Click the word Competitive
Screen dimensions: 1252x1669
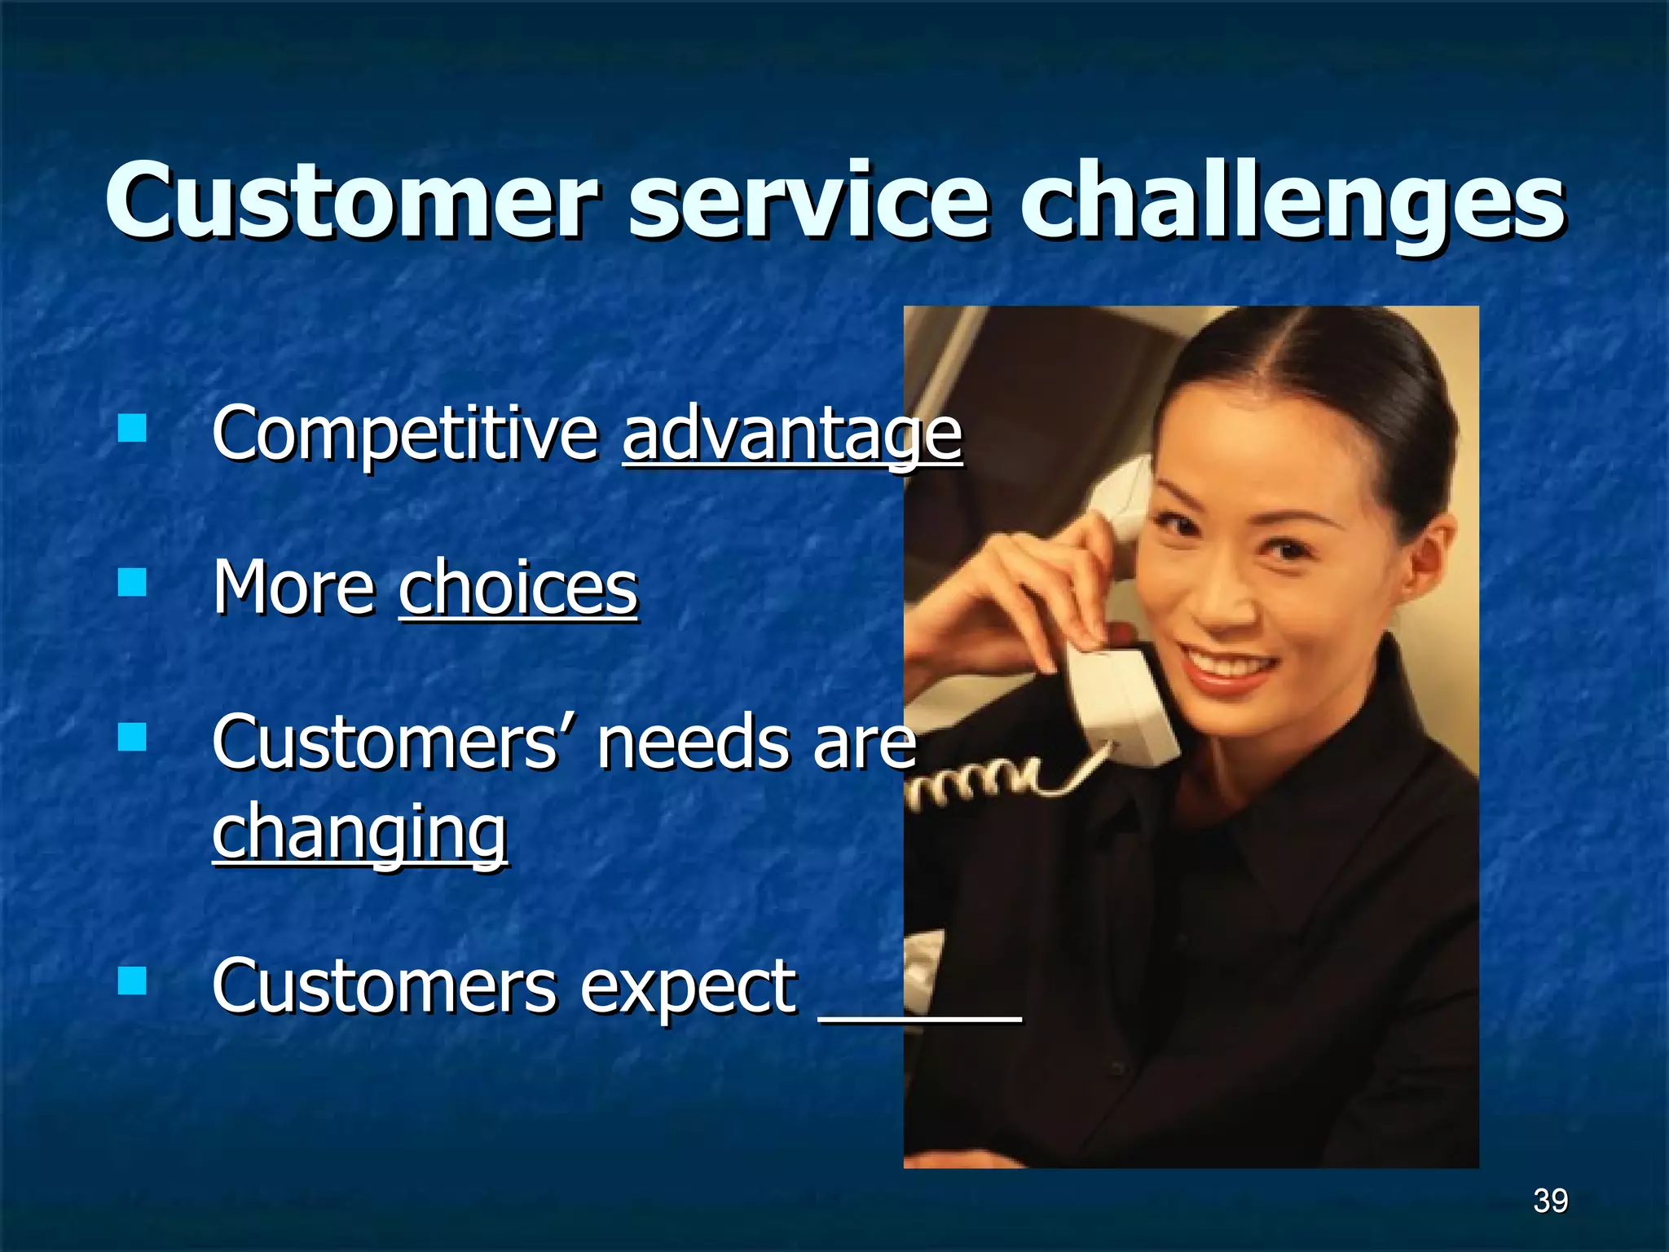coord(405,434)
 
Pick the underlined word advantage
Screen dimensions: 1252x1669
coord(791,434)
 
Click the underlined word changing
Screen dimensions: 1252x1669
coord(359,831)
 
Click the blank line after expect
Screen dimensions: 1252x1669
coord(919,1015)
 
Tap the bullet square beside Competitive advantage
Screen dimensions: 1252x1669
coord(131,427)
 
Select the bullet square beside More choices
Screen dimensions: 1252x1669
coord(131,582)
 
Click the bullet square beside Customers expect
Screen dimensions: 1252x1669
coord(131,981)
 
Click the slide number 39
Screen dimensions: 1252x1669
coord(1550,1201)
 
